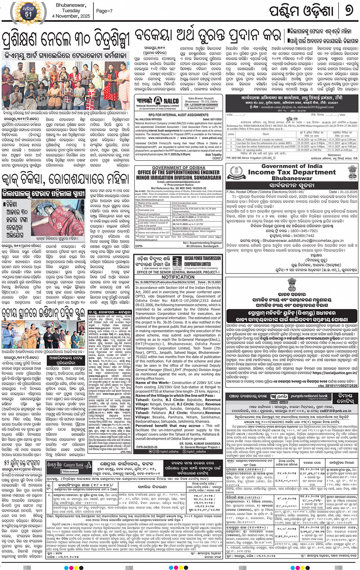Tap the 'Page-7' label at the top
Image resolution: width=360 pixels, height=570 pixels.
click(x=104, y=11)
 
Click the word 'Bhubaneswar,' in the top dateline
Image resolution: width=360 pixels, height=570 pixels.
click(x=71, y=5)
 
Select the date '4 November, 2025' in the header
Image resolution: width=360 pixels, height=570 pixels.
click(x=71, y=16)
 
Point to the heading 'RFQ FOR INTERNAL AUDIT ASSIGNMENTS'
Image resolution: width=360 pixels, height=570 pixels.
click(x=178, y=115)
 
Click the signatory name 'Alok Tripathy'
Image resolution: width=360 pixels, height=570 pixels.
click(x=213, y=155)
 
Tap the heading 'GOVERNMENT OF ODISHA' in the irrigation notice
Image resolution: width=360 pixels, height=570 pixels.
click(x=178, y=168)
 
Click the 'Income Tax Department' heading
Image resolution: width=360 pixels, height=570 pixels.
click(x=292, y=172)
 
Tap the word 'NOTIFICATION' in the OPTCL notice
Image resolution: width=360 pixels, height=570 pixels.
click(x=178, y=277)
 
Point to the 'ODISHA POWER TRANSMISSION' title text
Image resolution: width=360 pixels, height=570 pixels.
click(x=202, y=258)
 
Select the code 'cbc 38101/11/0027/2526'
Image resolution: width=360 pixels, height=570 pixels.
click(x=338, y=386)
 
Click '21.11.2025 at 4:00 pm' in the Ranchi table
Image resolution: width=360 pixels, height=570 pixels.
click(x=342, y=150)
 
